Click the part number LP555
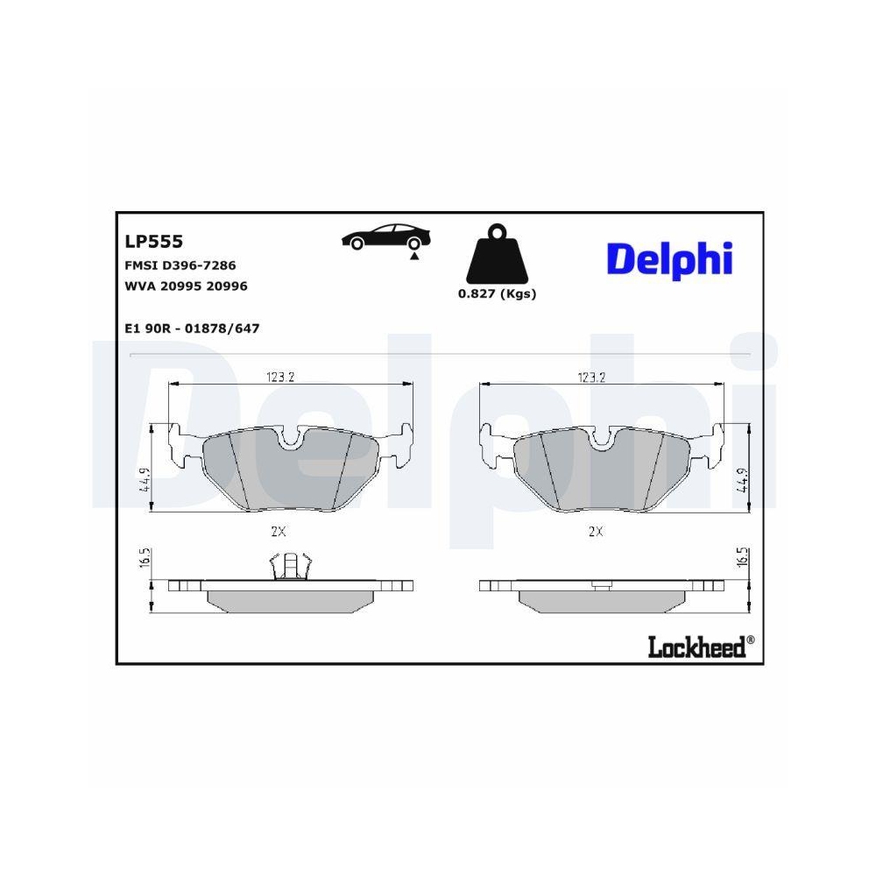coord(153,241)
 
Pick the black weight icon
coord(497,255)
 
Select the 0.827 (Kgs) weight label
coord(497,294)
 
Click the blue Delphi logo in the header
coord(668,258)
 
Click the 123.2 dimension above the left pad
coord(279,378)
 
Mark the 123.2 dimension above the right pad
coord(591,378)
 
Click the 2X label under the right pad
coord(596,531)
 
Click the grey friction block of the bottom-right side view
coord(595,599)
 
